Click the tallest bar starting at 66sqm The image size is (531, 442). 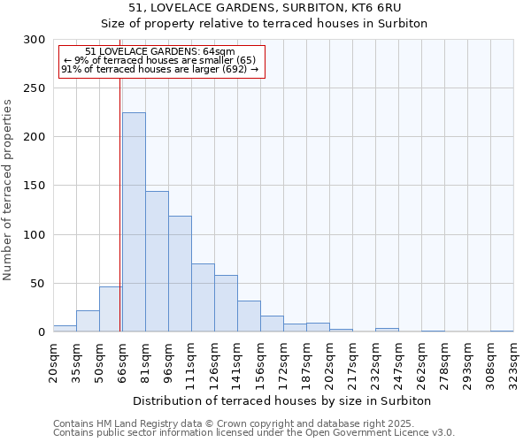(x=134, y=222)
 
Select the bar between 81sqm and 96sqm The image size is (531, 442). (x=157, y=262)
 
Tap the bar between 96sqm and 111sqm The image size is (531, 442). (x=180, y=274)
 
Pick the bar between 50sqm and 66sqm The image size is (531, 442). (x=111, y=309)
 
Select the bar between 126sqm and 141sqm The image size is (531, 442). (x=226, y=303)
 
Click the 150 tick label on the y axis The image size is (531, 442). (x=35, y=187)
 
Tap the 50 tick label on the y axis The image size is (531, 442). (x=38, y=284)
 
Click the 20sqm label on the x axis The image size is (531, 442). (x=54, y=362)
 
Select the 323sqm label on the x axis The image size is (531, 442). (x=514, y=362)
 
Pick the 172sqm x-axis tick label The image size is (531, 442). (x=284, y=362)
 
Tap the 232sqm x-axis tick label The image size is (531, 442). (x=376, y=362)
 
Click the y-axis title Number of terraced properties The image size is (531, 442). (x=9, y=189)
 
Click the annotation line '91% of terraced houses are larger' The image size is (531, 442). (x=159, y=69)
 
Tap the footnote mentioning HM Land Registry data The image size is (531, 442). (x=253, y=423)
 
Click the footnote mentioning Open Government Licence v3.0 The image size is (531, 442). (x=253, y=433)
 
